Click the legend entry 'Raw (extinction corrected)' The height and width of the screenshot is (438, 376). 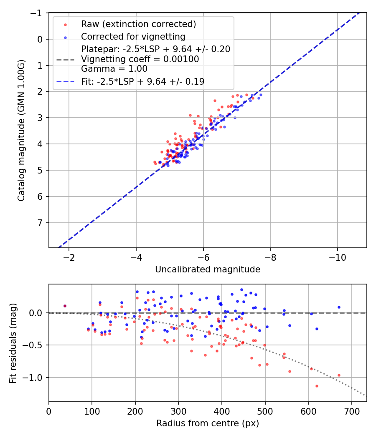point(138,24)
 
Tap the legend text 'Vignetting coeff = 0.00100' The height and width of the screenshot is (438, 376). point(140,59)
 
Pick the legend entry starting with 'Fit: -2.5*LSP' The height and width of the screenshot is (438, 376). point(142,82)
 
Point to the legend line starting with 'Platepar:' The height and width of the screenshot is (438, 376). point(155,49)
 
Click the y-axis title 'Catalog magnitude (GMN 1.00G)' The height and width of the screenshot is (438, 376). point(21,131)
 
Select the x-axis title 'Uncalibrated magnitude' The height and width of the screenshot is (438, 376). point(208,269)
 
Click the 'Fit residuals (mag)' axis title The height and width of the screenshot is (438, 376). point(13,343)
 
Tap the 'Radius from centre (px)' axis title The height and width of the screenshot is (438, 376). point(208,423)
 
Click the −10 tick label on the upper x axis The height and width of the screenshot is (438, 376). point(337,257)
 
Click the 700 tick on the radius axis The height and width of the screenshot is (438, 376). point(351,411)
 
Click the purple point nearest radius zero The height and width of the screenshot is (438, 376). point(65,306)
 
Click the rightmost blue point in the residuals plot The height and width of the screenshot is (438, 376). point(339,307)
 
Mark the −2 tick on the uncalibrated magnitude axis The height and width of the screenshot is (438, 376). point(69,257)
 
